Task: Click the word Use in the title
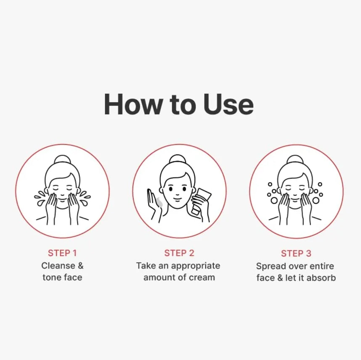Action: tap(228, 104)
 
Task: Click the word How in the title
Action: tap(133, 104)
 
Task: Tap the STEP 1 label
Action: tap(62, 253)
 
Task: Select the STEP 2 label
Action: tap(179, 253)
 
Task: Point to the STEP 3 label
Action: tap(296, 254)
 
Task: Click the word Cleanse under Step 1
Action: tap(58, 266)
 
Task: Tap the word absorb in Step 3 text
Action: tap(321, 278)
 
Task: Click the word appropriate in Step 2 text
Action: tap(196, 266)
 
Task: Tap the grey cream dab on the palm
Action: tap(159, 202)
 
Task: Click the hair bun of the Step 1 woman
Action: tap(62, 160)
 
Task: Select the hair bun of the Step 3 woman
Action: tap(295, 160)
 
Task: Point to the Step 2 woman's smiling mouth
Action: tap(177, 200)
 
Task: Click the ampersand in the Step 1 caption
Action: tap(80, 266)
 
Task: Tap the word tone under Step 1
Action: tap(51, 278)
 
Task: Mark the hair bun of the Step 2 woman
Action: tap(177, 159)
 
